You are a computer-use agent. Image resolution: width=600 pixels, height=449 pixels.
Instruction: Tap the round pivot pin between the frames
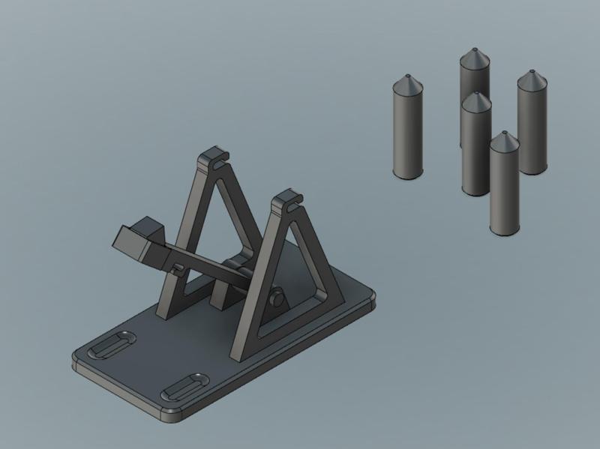(278, 299)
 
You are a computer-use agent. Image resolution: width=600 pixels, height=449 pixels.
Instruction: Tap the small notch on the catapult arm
(177, 267)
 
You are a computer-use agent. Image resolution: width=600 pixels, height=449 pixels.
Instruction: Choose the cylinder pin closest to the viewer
(504, 187)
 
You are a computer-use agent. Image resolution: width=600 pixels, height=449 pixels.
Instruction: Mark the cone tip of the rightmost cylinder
(532, 72)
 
